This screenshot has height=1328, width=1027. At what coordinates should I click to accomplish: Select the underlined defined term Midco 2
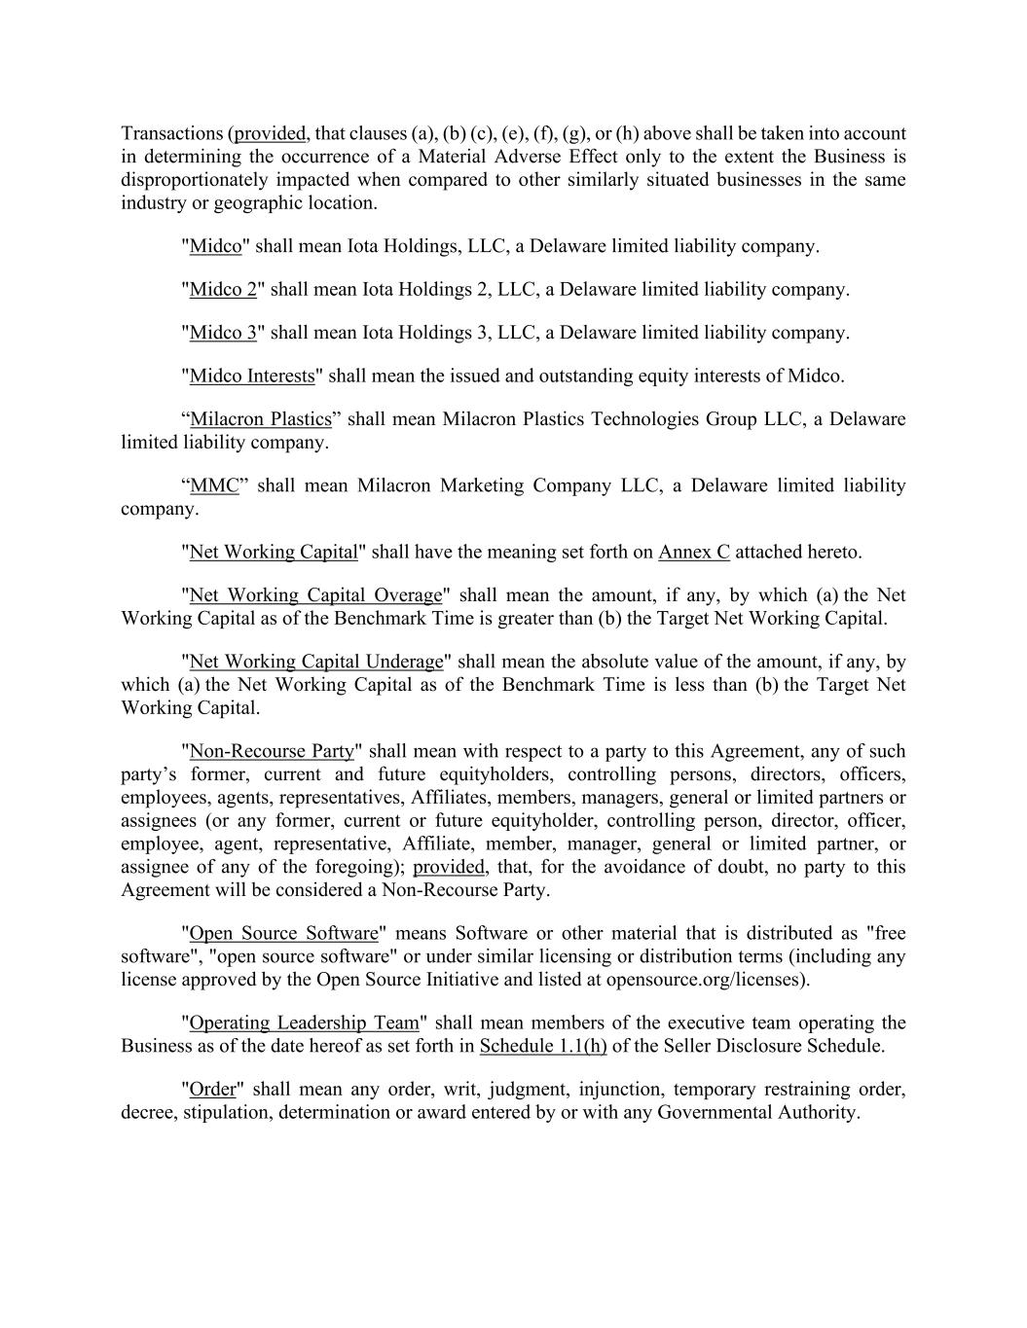click(223, 289)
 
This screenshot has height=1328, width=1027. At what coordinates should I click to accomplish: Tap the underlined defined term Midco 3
click(223, 333)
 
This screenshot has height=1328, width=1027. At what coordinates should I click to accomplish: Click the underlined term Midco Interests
click(252, 376)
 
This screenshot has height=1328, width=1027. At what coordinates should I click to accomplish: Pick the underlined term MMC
click(214, 485)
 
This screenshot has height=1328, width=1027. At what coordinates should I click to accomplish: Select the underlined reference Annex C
click(693, 553)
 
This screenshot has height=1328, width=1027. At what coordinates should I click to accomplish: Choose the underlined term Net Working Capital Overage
click(315, 595)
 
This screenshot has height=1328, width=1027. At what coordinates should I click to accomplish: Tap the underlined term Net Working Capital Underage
click(315, 662)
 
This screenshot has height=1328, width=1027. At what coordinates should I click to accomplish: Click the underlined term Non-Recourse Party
click(272, 751)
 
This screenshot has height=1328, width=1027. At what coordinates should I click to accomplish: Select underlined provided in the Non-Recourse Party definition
click(449, 867)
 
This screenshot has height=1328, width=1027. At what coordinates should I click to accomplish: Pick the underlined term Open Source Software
click(283, 933)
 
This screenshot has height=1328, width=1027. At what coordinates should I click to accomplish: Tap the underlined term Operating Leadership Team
click(304, 1023)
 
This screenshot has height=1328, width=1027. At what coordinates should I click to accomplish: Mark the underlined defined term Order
click(212, 1090)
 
